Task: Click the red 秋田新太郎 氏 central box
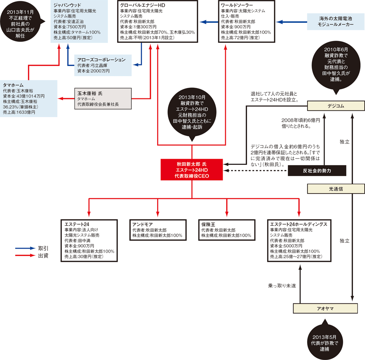tap(192, 170)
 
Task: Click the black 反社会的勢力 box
tap(316, 170)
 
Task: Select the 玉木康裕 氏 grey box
tap(102, 98)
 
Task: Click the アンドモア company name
tap(142, 224)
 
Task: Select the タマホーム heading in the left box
tap(13, 84)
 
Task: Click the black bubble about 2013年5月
tap(325, 342)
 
